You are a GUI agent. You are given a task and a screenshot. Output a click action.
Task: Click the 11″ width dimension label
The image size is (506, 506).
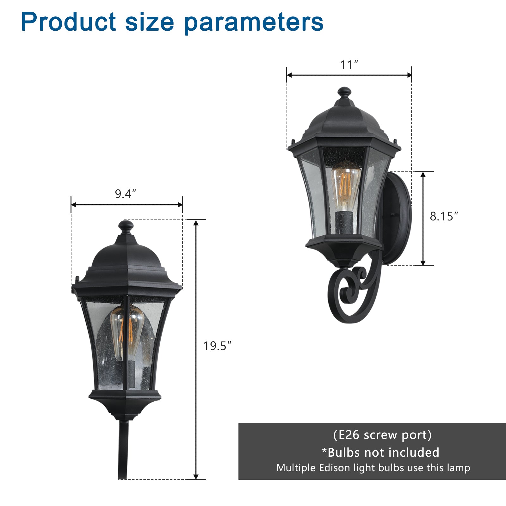[x=349, y=65]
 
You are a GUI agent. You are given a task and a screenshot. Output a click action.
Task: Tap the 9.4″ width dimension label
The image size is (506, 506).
[x=125, y=194]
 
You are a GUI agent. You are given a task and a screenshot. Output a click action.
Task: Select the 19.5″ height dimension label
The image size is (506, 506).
[x=217, y=346]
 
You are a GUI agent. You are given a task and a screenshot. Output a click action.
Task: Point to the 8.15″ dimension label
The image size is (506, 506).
[x=443, y=216]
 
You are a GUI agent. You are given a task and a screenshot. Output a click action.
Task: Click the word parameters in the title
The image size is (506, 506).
[x=254, y=22]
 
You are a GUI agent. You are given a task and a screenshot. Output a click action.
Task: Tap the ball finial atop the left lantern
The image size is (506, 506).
[x=126, y=226]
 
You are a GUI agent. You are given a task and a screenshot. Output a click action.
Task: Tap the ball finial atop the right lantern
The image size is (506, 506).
[x=344, y=92]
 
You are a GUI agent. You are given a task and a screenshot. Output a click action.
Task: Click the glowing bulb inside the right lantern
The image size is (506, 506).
[x=345, y=187]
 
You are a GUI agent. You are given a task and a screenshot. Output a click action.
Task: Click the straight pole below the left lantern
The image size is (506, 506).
[x=123, y=449]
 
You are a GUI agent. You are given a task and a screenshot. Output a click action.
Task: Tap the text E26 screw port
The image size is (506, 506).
[x=382, y=435]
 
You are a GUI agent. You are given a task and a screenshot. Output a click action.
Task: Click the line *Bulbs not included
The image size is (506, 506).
[x=380, y=453]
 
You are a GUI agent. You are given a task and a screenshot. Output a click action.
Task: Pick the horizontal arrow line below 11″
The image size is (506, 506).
[x=349, y=75]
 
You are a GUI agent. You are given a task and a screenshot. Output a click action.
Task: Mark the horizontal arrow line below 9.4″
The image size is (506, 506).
[x=126, y=205]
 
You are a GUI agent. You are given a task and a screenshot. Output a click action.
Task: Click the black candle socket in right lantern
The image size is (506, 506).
[x=344, y=223]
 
